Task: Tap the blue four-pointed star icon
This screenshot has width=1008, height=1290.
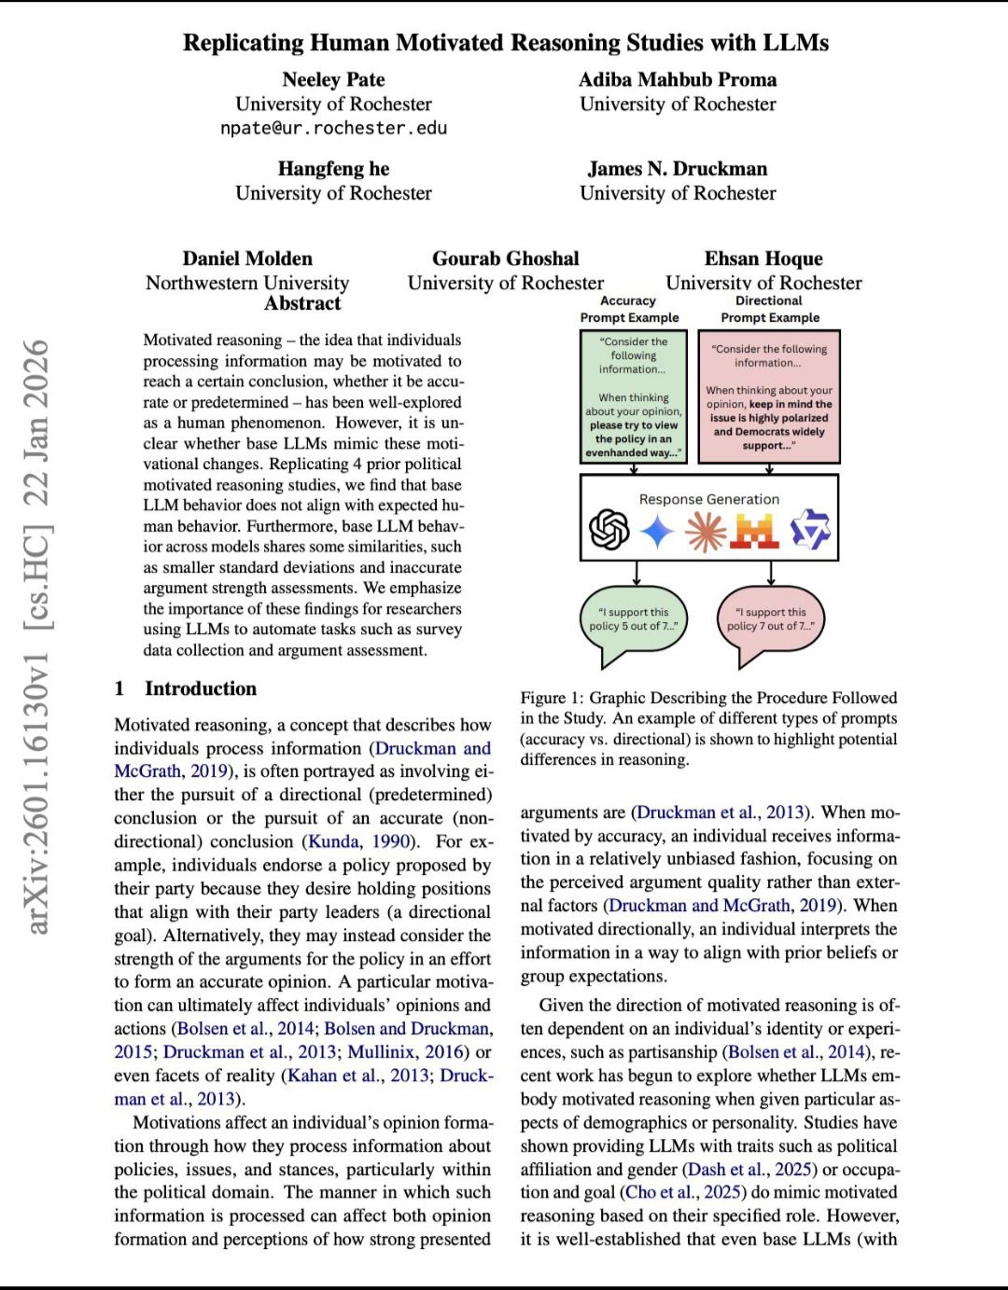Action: click(657, 532)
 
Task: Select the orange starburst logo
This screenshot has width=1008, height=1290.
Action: click(705, 532)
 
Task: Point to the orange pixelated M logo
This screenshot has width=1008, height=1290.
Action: click(755, 532)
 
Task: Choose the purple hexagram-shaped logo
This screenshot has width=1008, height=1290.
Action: click(808, 531)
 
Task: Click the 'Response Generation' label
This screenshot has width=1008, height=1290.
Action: click(708, 499)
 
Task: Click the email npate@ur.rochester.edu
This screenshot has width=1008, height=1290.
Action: click(333, 128)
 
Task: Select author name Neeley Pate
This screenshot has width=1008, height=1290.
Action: click(333, 79)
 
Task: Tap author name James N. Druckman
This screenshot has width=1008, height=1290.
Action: click(678, 169)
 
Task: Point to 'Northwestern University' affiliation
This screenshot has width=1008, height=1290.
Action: click(247, 283)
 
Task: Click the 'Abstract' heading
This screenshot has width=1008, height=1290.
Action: click(302, 303)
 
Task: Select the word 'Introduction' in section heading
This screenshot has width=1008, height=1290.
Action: click(201, 688)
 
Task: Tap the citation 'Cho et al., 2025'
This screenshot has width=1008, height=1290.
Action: click(684, 1192)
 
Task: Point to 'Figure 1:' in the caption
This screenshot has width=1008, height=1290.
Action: click(552, 698)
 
